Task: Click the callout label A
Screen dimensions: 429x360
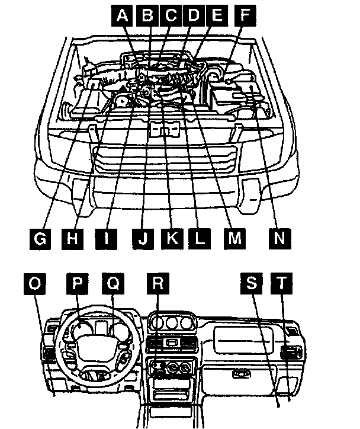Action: click(123, 17)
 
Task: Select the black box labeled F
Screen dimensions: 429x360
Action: click(241, 17)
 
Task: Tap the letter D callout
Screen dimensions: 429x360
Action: click(194, 17)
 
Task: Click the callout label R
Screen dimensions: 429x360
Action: click(156, 283)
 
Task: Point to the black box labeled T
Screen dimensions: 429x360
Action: click(282, 283)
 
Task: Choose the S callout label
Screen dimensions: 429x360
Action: click(252, 283)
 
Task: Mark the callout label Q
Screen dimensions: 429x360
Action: click(112, 283)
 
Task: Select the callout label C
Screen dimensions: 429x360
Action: click(171, 17)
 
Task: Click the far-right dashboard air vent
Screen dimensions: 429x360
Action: click(291, 354)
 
